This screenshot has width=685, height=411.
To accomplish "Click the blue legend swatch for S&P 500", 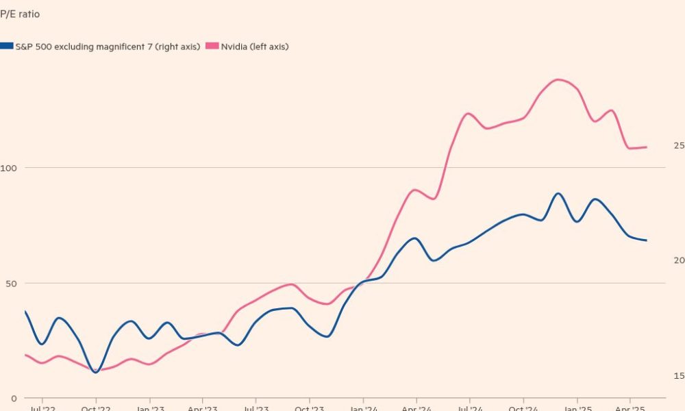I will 7,46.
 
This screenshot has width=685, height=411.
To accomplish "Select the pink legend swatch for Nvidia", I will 212,46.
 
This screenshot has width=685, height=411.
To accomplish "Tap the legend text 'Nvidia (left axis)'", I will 254,47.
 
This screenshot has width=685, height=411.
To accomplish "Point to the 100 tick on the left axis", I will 9,168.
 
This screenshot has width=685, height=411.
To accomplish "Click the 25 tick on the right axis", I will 678,145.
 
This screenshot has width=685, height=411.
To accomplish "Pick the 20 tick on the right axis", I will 678,260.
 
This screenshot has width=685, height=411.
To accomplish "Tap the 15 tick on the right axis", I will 678,375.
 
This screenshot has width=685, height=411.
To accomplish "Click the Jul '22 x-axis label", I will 42,408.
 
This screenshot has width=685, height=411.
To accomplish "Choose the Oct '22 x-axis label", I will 95,408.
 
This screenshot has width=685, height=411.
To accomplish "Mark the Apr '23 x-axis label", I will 202,408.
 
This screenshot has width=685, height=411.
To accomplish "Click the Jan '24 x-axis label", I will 363,408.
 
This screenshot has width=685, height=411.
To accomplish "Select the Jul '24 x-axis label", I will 470,408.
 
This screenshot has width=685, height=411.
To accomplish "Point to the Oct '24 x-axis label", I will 523,408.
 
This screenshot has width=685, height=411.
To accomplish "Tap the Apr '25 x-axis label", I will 630,408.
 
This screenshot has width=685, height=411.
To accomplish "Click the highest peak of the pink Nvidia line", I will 558,79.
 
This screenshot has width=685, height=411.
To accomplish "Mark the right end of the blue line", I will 647,240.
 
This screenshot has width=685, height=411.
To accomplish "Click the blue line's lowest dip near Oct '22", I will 95,372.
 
